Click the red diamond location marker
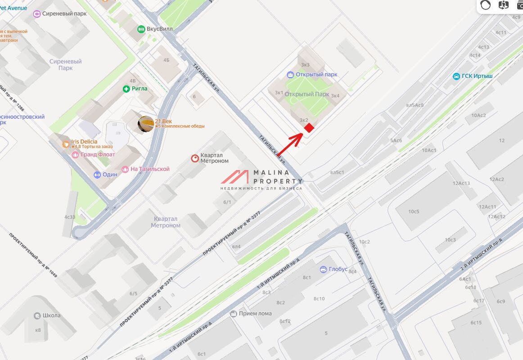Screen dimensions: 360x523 point(309,128)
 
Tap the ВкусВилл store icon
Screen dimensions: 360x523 point(141,29)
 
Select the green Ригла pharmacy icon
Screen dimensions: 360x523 point(126,89)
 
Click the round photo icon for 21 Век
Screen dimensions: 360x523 point(146,124)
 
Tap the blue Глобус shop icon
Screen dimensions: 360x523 point(323,270)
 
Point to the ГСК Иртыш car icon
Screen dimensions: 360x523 point(456,76)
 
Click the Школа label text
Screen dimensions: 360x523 point(51,315)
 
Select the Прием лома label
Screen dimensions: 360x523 point(255,314)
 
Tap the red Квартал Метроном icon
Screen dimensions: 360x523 point(195,158)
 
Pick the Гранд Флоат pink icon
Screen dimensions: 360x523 point(75,155)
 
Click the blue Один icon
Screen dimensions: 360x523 point(97,175)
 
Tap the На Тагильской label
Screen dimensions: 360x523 point(150,169)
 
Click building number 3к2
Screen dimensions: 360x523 point(304,120)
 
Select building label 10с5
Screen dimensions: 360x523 point(414,211)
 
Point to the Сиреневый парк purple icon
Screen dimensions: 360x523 point(37,13)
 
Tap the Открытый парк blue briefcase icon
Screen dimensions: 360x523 point(291,75)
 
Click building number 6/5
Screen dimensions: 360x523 point(133,294)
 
